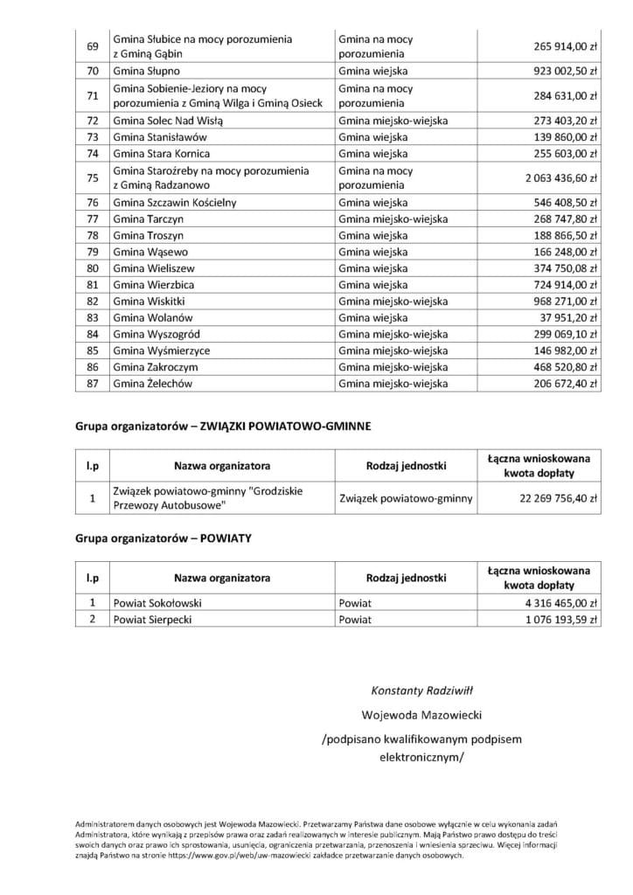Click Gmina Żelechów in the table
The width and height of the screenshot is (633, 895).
(x=152, y=384)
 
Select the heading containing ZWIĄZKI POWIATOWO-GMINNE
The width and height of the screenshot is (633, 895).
(x=223, y=426)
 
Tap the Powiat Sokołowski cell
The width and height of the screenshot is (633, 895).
(x=159, y=603)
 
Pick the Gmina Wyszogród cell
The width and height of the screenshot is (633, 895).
(x=156, y=335)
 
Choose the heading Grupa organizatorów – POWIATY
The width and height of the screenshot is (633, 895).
(x=163, y=538)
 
